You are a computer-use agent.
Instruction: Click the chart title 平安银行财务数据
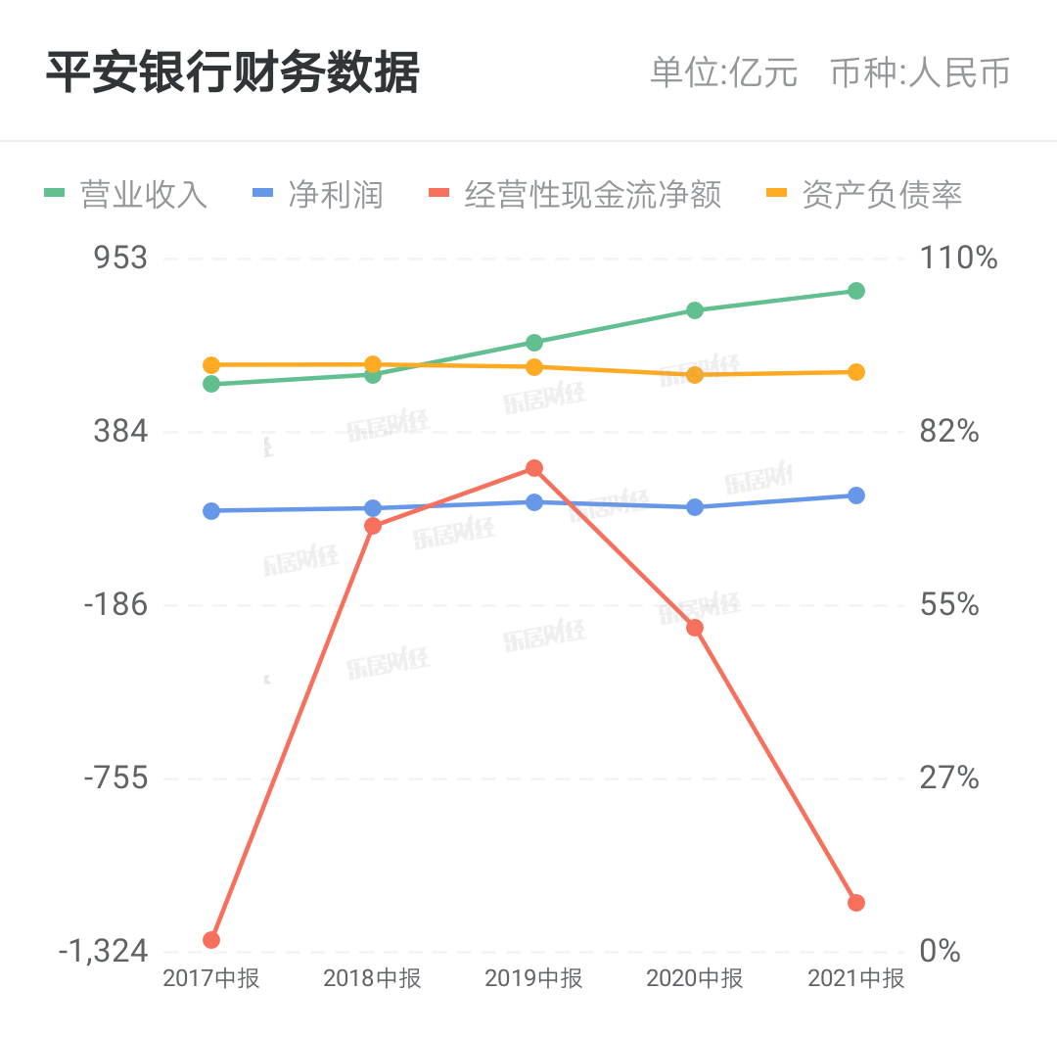(x=232, y=72)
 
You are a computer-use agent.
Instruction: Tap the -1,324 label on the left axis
(x=103, y=951)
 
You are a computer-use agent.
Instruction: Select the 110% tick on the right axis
(x=958, y=259)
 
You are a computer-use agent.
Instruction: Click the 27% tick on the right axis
(x=949, y=778)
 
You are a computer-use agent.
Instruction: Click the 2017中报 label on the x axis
(x=211, y=977)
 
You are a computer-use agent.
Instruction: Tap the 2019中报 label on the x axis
(x=533, y=977)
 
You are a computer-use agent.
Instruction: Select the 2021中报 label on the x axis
(x=855, y=977)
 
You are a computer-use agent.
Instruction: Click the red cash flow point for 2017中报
(x=211, y=940)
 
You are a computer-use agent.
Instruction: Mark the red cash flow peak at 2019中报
(x=534, y=468)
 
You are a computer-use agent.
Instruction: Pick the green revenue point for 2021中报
(x=856, y=291)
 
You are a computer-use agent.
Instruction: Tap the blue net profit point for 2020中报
(x=695, y=507)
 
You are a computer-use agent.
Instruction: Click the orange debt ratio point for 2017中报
(x=211, y=365)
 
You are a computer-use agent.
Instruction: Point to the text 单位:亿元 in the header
(x=724, y=73)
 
